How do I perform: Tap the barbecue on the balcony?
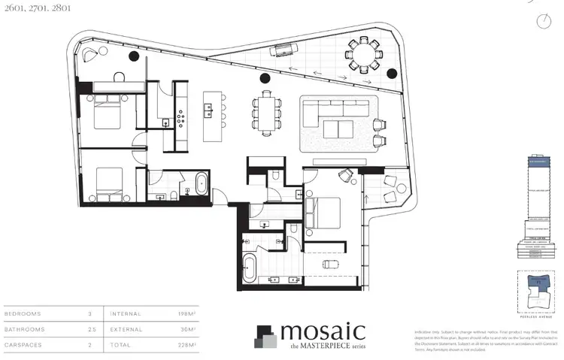click(284, 51)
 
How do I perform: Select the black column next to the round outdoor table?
click(391, 74)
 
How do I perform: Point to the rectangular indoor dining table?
click(265, 111)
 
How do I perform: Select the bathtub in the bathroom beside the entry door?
click(202, 186)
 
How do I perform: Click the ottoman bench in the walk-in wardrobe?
click(329, 264)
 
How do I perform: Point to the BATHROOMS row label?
click(24, 329)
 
